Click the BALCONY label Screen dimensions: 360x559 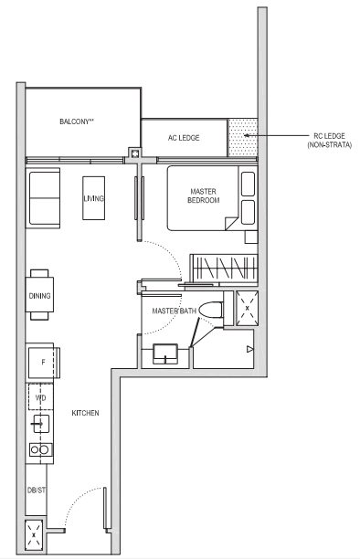(x=77, y=121)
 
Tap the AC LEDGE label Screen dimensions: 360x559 (x=184, y=138)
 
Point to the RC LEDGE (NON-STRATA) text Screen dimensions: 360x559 (x=330, y=140)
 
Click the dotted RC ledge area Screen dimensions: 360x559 (x=243, y=138)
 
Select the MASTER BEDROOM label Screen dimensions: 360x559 (x=204, y=195)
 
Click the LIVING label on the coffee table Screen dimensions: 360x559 (x=93, y=198)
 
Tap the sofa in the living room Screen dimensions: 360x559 (x=44, y=198)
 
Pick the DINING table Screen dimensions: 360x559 (x=39, y=295)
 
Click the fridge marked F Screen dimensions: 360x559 (x=43, y=363)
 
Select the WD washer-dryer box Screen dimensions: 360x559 (x=41, y=397)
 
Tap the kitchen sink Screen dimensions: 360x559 (x=41, y=424)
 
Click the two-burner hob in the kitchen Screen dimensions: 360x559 (x=40, y=449)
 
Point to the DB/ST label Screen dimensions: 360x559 (x=37, y=490)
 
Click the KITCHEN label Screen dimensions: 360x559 (x=85, y=413)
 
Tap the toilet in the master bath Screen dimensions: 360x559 (x=211, y=310)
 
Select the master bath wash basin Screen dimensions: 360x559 (x=165, y=353)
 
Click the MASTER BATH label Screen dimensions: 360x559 (x=175, y=311)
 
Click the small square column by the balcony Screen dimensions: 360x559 (x=135, y=153)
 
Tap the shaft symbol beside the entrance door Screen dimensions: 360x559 (x=34, y=534)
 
